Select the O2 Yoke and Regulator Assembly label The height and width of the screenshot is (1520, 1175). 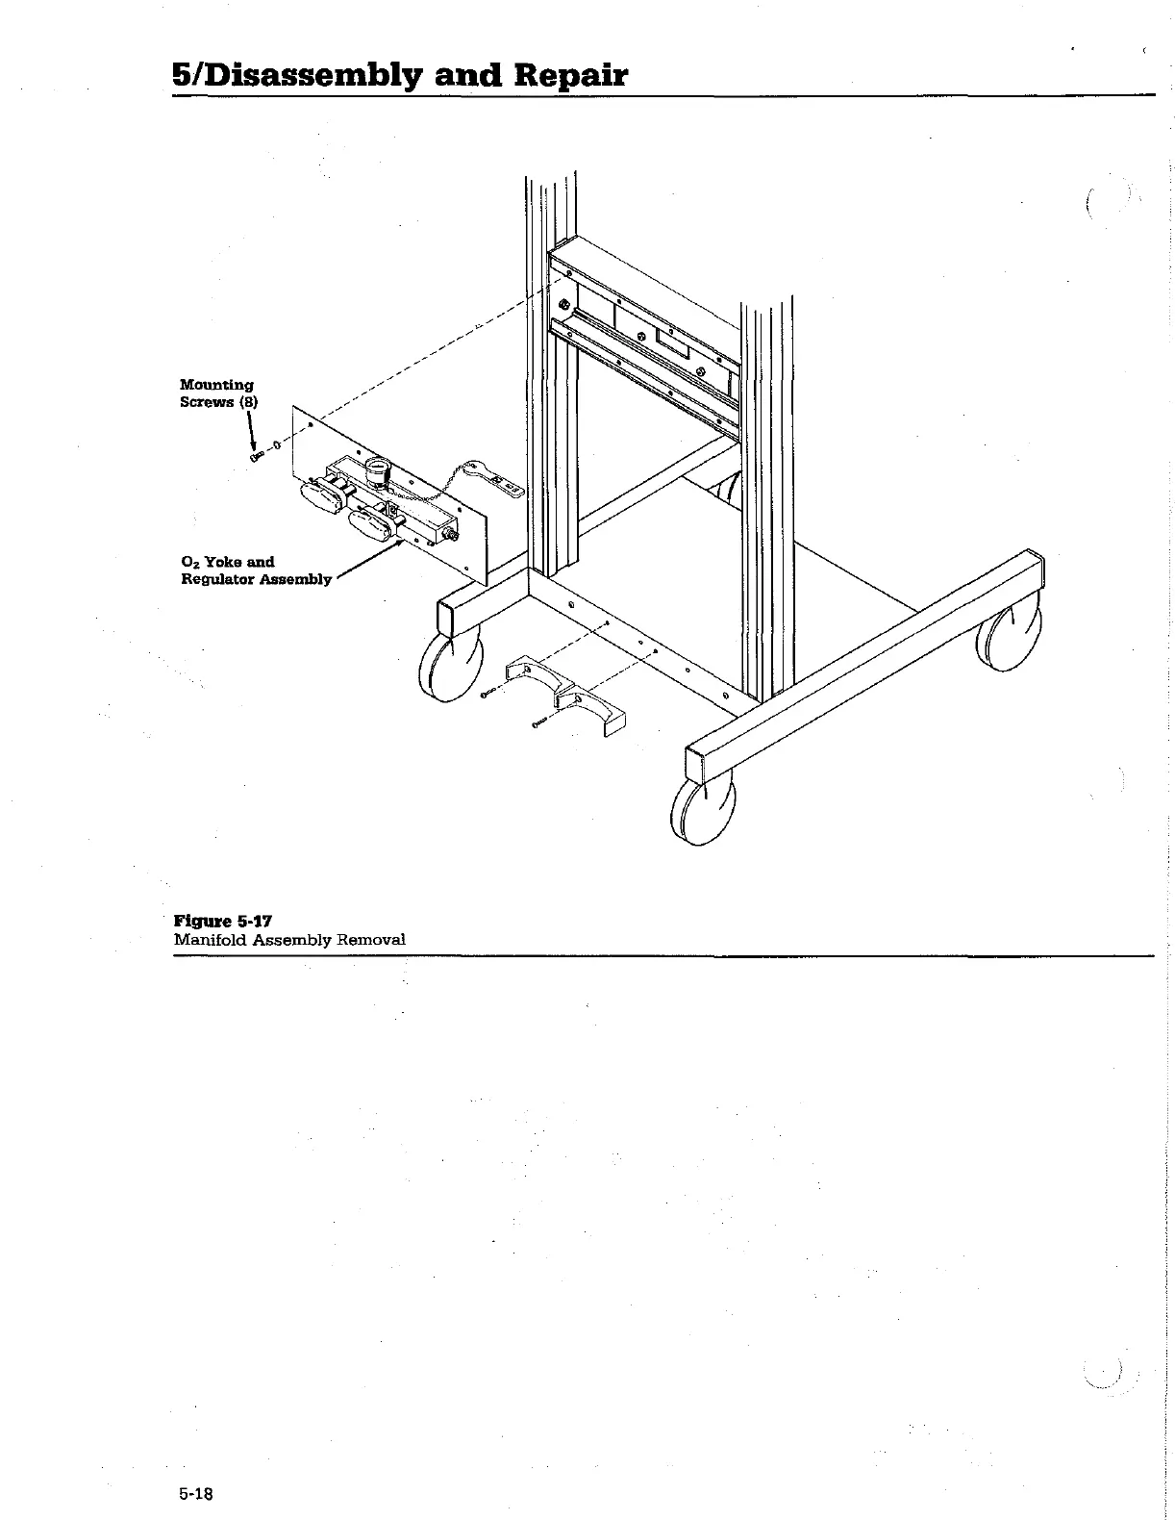[256, 570]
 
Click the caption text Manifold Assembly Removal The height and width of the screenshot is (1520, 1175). [289, 939]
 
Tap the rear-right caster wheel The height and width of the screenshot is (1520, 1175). [1010, 635]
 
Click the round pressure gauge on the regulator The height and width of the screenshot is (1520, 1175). [375, 472]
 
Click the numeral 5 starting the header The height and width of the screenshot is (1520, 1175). [182, 75]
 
